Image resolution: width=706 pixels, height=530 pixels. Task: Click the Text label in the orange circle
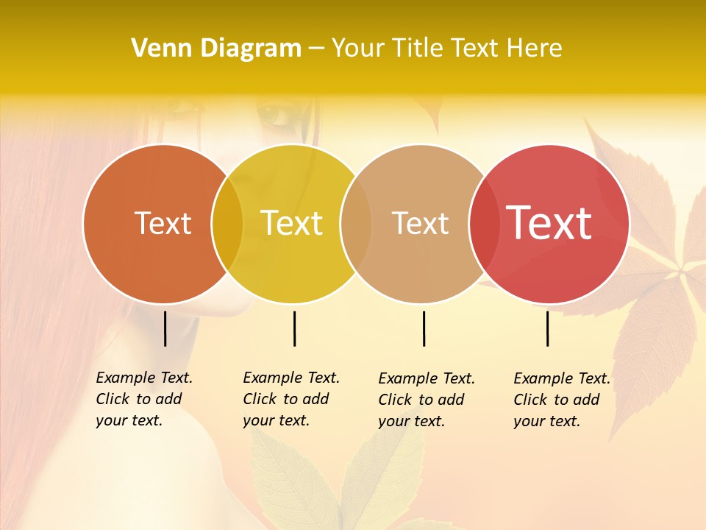click(163, 223)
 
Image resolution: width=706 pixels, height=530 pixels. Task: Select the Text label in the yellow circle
click(292, 223)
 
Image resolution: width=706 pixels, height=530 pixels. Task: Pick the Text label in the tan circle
click(420, 223)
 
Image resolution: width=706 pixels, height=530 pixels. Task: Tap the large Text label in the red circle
click(549, 223)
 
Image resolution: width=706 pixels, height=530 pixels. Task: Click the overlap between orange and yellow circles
click(227, 224)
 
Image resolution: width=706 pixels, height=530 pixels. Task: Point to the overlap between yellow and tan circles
click(356, 224)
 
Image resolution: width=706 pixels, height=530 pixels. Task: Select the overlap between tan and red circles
click(485, 224)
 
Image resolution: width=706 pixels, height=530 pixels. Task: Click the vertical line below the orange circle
click(165, 328)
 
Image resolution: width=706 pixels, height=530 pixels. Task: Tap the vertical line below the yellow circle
click(294, 328)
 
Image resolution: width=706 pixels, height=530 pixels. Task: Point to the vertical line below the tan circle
click(424, 328)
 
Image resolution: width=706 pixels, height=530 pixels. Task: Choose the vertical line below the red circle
click(547, 328)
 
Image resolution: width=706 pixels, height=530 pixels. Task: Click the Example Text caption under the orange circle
click(144, 399)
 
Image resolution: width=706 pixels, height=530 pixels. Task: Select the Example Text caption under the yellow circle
click(291, 399)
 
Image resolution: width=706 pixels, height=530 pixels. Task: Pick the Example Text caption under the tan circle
click(427, 400)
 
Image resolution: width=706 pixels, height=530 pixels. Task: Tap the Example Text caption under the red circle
click(562, 400)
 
